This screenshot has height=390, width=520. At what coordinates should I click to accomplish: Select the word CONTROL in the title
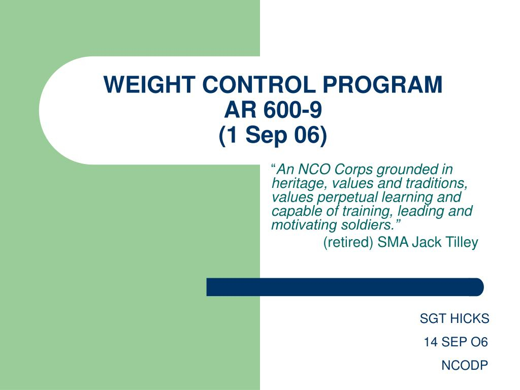(259, 84)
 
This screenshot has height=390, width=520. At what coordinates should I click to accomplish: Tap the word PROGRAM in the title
(382, 84)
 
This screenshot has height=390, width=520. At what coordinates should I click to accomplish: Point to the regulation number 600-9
(293, 110)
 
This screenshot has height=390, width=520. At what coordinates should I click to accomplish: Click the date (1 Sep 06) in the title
(273, 135)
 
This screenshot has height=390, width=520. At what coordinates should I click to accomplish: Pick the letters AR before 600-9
(240, 110)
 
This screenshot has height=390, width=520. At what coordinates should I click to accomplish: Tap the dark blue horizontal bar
(345, 287)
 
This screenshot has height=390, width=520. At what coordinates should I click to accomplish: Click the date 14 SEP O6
(456, 342)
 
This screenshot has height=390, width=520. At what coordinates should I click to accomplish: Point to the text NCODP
(465, 366)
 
